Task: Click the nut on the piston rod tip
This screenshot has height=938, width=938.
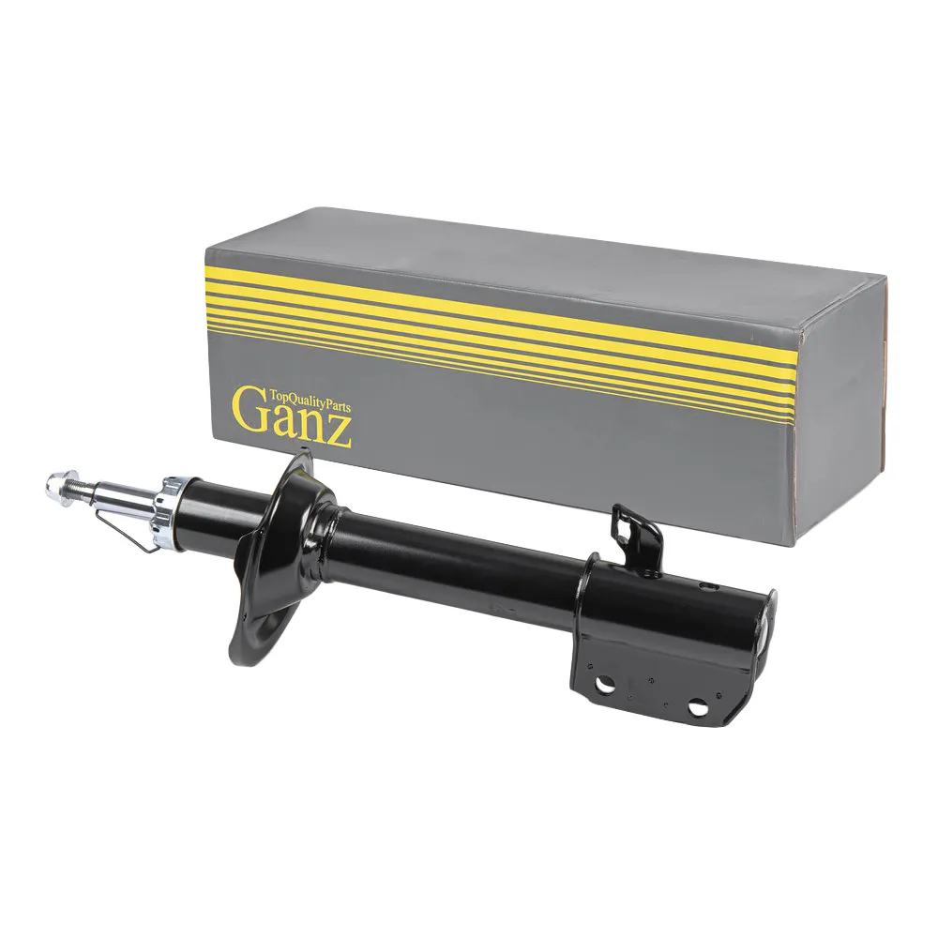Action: coord(55,485)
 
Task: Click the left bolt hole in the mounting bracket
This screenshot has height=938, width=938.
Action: coord(607,684)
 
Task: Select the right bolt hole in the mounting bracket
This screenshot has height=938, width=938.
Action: coord(696,707)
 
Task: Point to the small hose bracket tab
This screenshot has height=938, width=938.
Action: coord(637,537)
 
